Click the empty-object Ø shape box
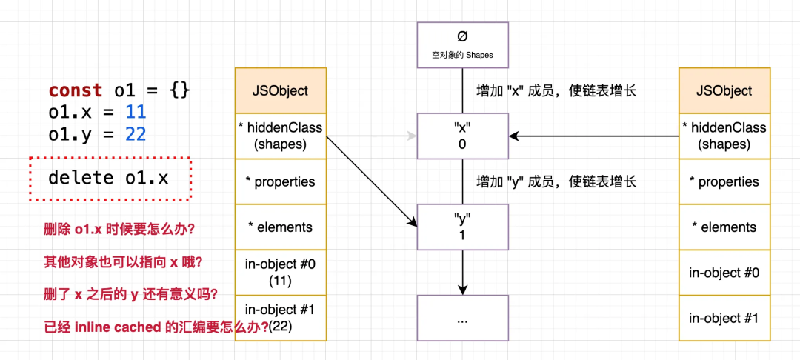(x=462, y=45)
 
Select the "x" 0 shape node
(x=462, y=136)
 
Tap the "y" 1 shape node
(x=462, y=226)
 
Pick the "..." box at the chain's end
(x=462, y=319)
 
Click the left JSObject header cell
(x=281, y=90)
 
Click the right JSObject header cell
(x=724, y=90)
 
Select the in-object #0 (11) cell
(x=281, y=273)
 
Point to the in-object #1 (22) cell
(x=281, y=319)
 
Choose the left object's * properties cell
(x=281, y=181)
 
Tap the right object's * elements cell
(x=724, y=227)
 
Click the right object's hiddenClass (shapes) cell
(x=724, y=136)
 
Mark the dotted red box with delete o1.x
(x=110, y=178)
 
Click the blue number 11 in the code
(x=136, y=113)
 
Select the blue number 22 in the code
(x=136, y=134)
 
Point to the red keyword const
(x=76, y=90)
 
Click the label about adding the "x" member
(x=556, y=91)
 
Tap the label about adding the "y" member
(x=556, y=181)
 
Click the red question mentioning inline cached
(x=156, y=327)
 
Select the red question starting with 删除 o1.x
(x=119, y=229)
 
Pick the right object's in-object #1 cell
(x=724, y=319)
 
